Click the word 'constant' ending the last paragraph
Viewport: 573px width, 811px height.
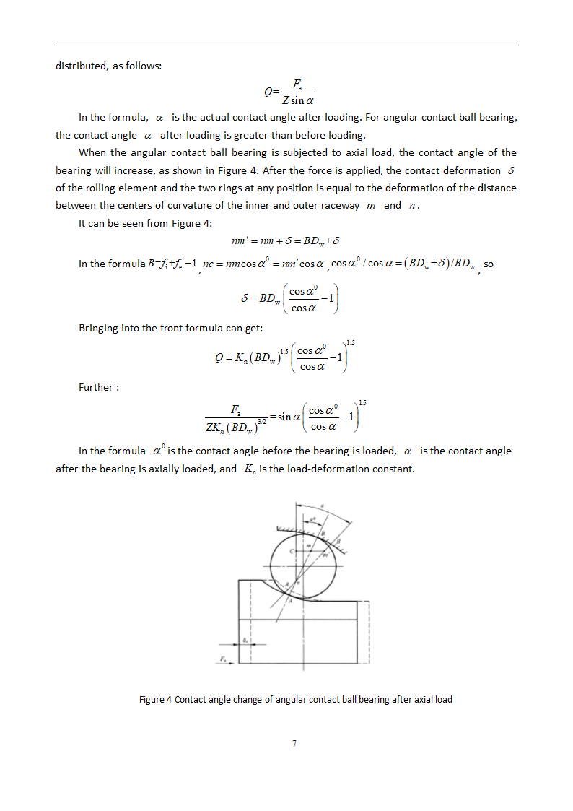click(x=393, y=469)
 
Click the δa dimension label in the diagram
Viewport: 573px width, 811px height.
click(x=246, y=638)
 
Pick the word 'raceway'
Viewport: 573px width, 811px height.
click(x=340, y=205)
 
